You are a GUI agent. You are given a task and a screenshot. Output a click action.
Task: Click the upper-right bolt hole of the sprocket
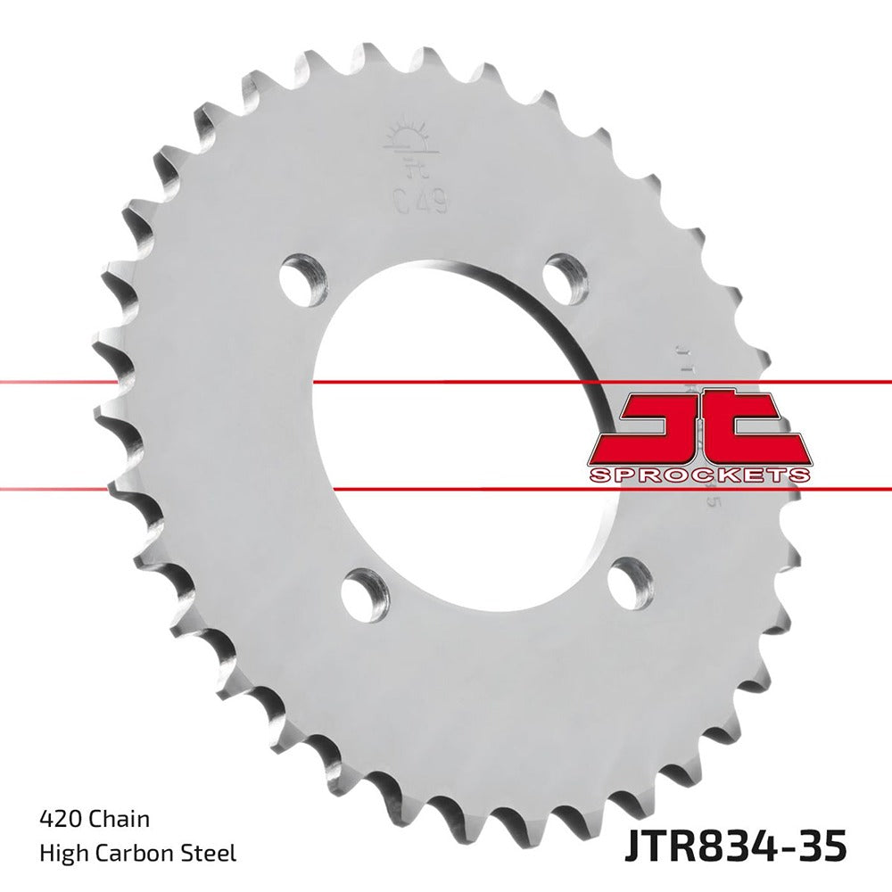click(566, 276)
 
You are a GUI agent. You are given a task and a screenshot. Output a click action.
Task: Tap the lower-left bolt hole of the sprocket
click(365, 591)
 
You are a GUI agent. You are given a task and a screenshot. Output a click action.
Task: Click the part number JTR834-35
click(731, 844)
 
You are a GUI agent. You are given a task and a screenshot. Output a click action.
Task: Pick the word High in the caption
click(60, 854)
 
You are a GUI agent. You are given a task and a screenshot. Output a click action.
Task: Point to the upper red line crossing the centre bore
click(446, 383)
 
